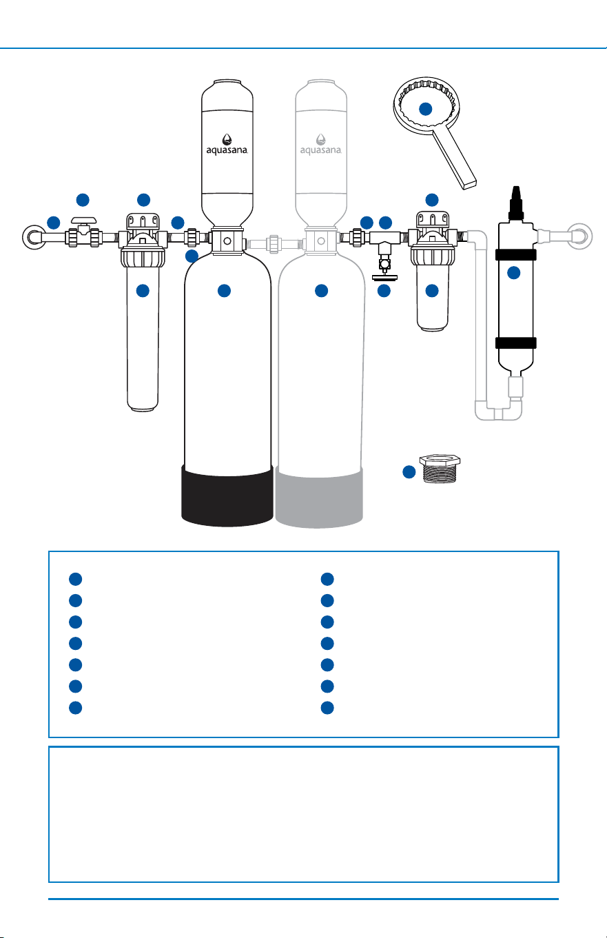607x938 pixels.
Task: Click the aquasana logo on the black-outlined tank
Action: pos(227,145)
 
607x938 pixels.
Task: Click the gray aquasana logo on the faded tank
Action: pos(320,145)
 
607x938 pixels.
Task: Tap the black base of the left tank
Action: pos(227,496)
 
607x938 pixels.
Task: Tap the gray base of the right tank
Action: pos(319,498)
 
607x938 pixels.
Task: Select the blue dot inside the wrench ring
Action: pos(425,109)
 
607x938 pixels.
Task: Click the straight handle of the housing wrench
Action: pos(454,157)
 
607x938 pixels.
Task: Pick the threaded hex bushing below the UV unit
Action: pos(440,469)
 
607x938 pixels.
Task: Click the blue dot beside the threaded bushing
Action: pos(409,472)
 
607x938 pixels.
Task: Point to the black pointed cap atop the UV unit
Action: pos(516,203)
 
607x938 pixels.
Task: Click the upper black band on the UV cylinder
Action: pos(516,254)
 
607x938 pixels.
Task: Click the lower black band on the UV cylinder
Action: pos(516,343)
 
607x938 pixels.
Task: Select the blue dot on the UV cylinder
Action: pos(514,273)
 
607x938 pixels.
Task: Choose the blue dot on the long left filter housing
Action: pos(143,291)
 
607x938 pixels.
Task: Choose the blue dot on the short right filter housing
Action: pos(432,291)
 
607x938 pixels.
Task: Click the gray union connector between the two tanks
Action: pos(274,244)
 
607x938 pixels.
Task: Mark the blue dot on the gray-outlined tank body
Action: pos(322,291)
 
